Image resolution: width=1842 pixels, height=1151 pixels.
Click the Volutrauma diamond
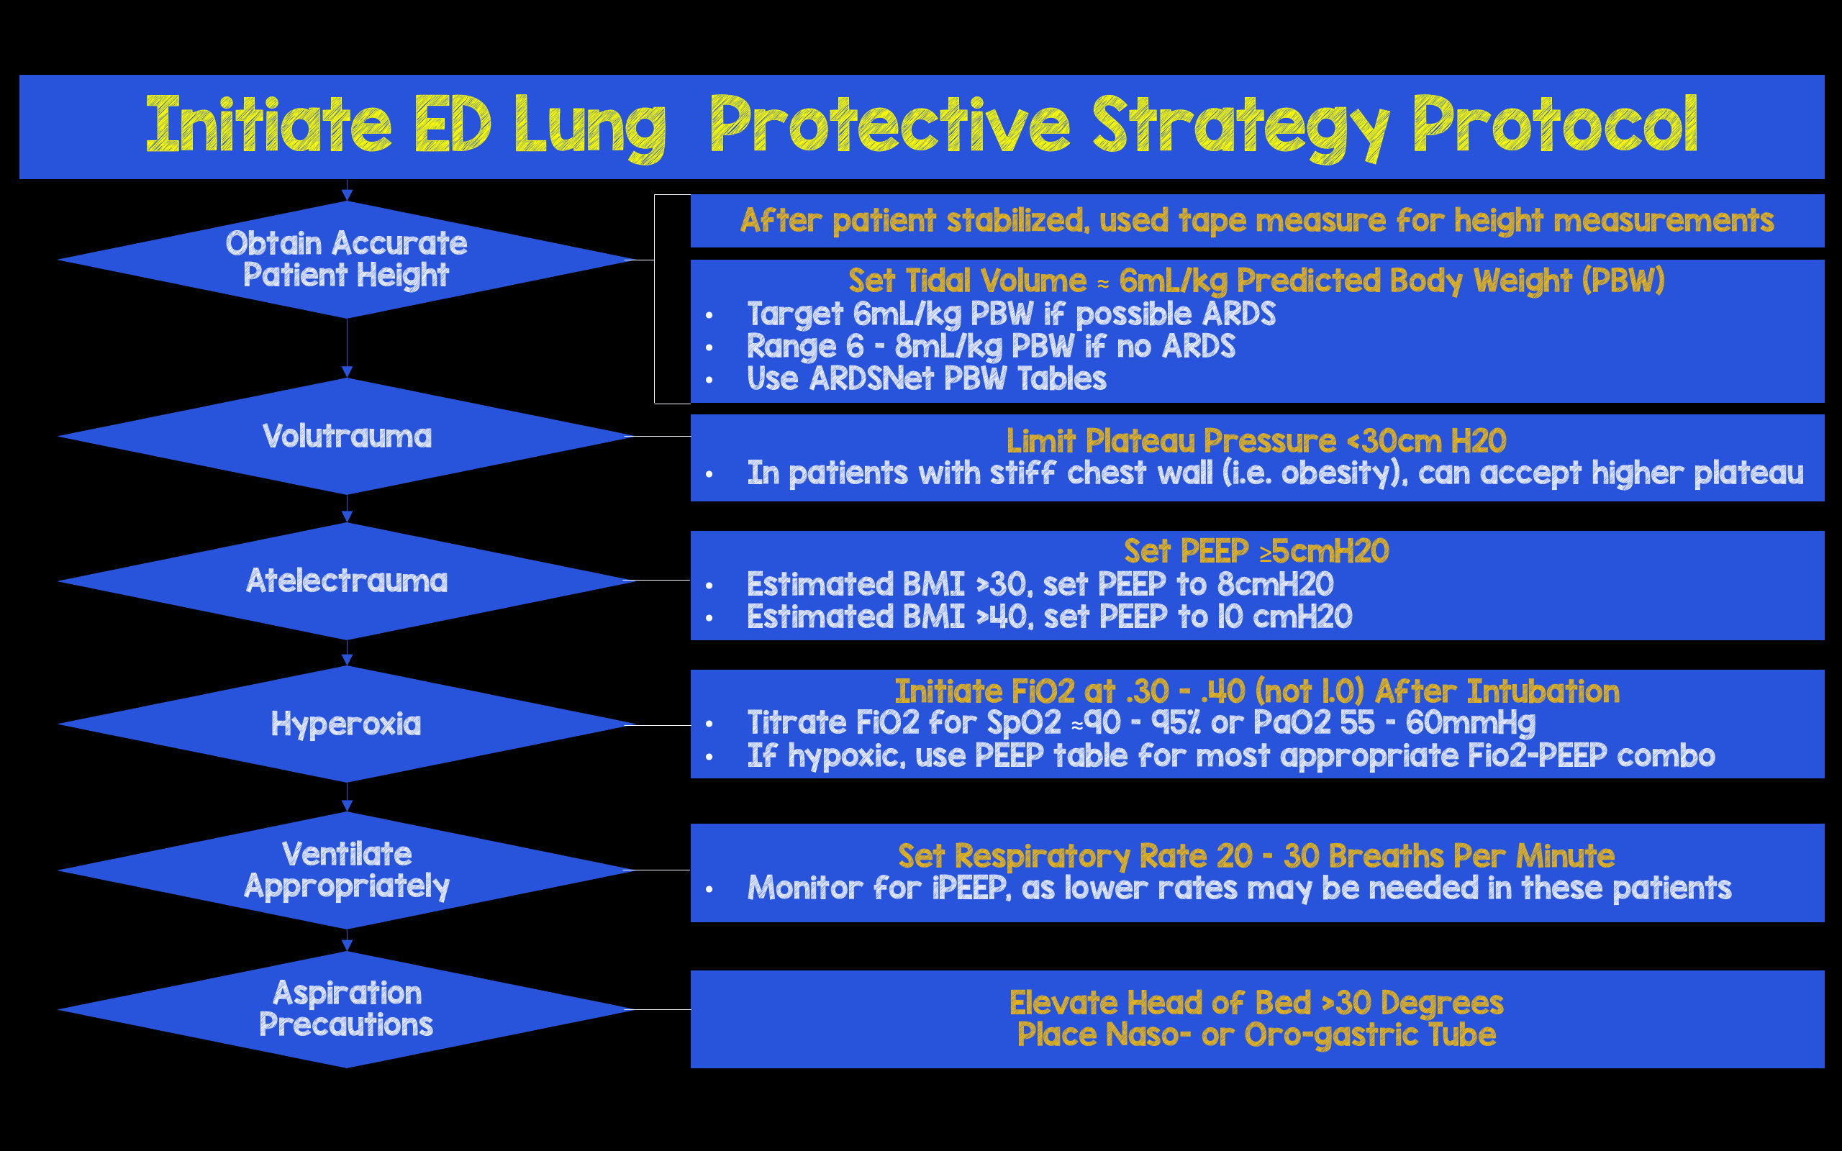(346, 436)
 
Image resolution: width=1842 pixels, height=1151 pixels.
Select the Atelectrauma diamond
(346, 581)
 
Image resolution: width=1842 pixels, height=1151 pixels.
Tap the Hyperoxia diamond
(346, 724)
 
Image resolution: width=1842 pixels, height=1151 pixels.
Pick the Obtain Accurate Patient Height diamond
(346, 259)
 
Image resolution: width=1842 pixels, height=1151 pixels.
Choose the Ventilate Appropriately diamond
(346, 870)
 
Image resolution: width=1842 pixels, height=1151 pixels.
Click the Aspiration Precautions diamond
(346, 1009)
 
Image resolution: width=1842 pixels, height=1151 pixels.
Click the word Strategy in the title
(1240, 127)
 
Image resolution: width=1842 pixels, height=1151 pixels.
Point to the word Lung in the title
(590, 127)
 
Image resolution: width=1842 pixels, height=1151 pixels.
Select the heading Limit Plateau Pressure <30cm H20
(1256, 441)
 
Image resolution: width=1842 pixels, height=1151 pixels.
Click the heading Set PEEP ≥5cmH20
(1256, 551)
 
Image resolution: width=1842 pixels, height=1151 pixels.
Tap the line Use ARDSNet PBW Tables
(926, 379)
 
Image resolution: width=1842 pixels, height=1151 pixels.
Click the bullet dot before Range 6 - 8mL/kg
(709, 348)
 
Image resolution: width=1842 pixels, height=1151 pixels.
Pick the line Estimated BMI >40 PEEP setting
(1049, 617)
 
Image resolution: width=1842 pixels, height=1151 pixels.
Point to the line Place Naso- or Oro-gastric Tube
(1256, 1035)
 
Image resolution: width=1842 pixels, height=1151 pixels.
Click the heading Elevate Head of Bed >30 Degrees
(1256, 1003)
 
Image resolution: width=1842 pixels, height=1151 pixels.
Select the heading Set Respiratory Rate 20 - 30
(1256, 855)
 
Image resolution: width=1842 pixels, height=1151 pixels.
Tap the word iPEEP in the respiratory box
(970, 888)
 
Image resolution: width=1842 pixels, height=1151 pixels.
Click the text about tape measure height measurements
(1256, 221)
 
